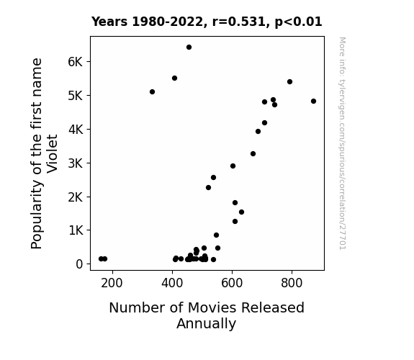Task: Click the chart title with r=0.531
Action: (x=207, y=22)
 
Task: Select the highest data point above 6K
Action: (x=189, y=48)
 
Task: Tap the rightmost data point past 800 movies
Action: (x=313, y=101)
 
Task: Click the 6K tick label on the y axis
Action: (x=76, y=62)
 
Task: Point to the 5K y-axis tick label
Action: (x=76, y=96)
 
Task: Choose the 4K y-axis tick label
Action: (x=76, y=130)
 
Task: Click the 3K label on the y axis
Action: (x=76, y=163)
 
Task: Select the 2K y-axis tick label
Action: (x=76, y=197)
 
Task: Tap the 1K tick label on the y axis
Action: (x=76, y=230)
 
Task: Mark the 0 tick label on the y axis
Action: (x=79, y=264)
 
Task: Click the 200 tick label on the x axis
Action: (x=112, y=283)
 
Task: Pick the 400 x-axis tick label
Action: (x=172, y=283)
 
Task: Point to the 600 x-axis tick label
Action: (x=232, y=283)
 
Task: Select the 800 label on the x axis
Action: (x=292, y=283)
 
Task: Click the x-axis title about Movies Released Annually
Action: (x=207, y=315)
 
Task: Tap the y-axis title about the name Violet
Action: (x=44, y=153)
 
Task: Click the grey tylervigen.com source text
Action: (x=342, y=143)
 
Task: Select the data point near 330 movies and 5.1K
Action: (x=152, y=92)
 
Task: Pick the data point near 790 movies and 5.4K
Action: (x=289, y=82)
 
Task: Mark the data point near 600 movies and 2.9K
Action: (x=233, y=166)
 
